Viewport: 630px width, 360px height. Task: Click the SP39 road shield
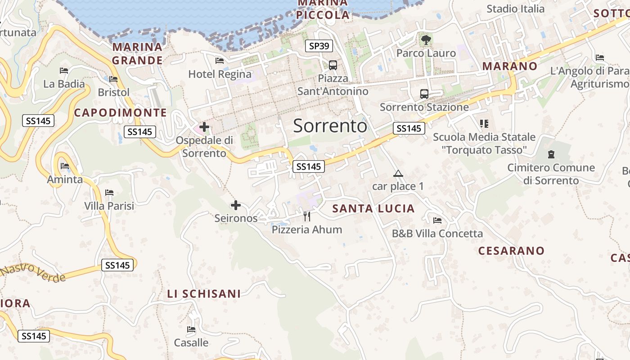[x=319, y=45]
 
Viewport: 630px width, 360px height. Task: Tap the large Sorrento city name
[x=330, y=126]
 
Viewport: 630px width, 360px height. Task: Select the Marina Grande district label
[x=137, y=54]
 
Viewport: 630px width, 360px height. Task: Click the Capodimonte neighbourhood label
[x=120, y=112]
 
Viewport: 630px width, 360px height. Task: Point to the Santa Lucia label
[x=373, y=208]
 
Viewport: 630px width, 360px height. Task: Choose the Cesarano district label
[x=511, y=251]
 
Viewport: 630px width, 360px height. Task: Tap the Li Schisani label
[x=204, y=294]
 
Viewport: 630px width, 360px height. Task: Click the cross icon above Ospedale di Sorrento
[x=204, y=127]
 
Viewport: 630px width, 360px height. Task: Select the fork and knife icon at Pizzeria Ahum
[x=307, y=216]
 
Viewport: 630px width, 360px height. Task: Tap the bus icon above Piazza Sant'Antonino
[x=333, y=65]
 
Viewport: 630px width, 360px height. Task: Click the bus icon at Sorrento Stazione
[x=424, y=94]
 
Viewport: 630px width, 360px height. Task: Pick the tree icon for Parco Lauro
[x=426, y=40]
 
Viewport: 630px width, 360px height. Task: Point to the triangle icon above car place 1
[x=398, y=174]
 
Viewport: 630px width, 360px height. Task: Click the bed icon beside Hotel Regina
[x=220, y=61]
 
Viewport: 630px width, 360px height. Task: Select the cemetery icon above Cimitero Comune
[x=551, y=155]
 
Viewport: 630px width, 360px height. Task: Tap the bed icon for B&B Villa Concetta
[x=437, y=220]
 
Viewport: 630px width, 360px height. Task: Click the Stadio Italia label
[x=515, y=9]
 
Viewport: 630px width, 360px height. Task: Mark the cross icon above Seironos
[x=236, y=206]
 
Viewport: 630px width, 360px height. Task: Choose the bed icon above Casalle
[x=191, y=329]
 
